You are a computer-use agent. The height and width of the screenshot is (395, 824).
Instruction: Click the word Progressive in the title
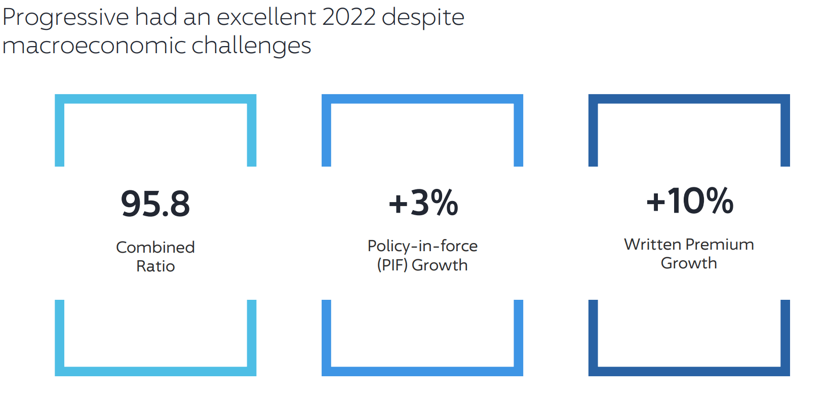coord(66,18)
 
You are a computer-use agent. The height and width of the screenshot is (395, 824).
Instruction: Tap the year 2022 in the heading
coord(348,17)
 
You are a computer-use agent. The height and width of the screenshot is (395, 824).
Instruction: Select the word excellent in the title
coord(266,17)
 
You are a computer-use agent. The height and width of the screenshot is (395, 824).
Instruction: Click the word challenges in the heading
coord(251,46)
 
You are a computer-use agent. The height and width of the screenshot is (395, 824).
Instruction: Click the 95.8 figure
coord(155,204)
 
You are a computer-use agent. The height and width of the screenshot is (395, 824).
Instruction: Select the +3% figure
coord(423,203)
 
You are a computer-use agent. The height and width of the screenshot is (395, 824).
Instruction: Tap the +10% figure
coord(690,201)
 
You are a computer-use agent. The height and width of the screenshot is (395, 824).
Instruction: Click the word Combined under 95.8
coord(155,247)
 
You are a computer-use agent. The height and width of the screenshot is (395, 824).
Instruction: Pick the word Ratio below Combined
coord(155,266)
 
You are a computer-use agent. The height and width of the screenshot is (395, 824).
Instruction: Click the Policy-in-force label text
coord(422,246)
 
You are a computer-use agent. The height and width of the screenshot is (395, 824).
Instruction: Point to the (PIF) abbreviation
coord(392,265)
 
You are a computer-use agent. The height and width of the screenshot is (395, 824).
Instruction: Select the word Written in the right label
coord(652,245)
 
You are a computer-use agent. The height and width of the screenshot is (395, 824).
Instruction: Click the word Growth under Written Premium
coord(689,263)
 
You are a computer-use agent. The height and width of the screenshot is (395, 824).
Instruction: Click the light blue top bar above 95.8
coord(155,99)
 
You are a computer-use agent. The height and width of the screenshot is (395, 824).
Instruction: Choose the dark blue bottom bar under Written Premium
coord(689,371)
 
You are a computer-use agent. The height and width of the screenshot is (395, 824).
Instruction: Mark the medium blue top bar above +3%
coord(422,99)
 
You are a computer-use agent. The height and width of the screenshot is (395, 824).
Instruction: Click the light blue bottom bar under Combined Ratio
coord(155,371)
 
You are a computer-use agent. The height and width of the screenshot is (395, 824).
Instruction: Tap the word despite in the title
coord(423,18)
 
